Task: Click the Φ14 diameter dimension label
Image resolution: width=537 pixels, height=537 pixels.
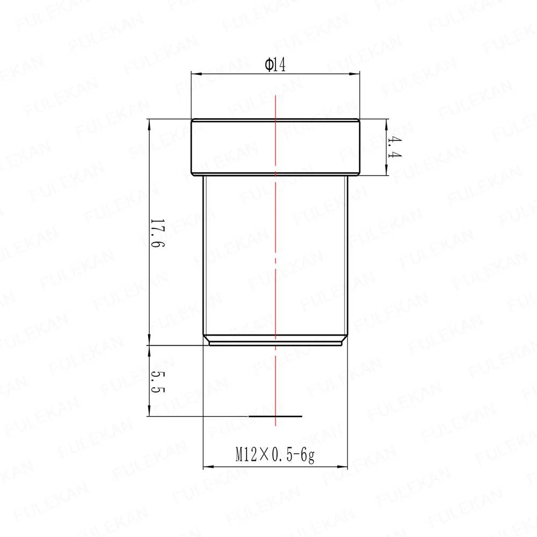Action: tap(275, 64)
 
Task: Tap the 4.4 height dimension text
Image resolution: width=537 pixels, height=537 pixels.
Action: tap(395, 147)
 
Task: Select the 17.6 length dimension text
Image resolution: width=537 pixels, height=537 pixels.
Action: tap(157, 234)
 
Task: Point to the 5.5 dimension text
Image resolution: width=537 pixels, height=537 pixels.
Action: tap(157, 382)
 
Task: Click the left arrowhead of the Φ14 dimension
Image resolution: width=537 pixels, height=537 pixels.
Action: tap(196, 73)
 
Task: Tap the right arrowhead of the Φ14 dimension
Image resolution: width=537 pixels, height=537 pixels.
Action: tap(354, 73)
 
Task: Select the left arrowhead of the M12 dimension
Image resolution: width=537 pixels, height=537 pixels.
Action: tap(208, 467)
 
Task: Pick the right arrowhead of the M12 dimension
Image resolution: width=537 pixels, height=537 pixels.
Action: tap(343, 467)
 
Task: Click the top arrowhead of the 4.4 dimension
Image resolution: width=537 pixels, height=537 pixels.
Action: tap(387, 125)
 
